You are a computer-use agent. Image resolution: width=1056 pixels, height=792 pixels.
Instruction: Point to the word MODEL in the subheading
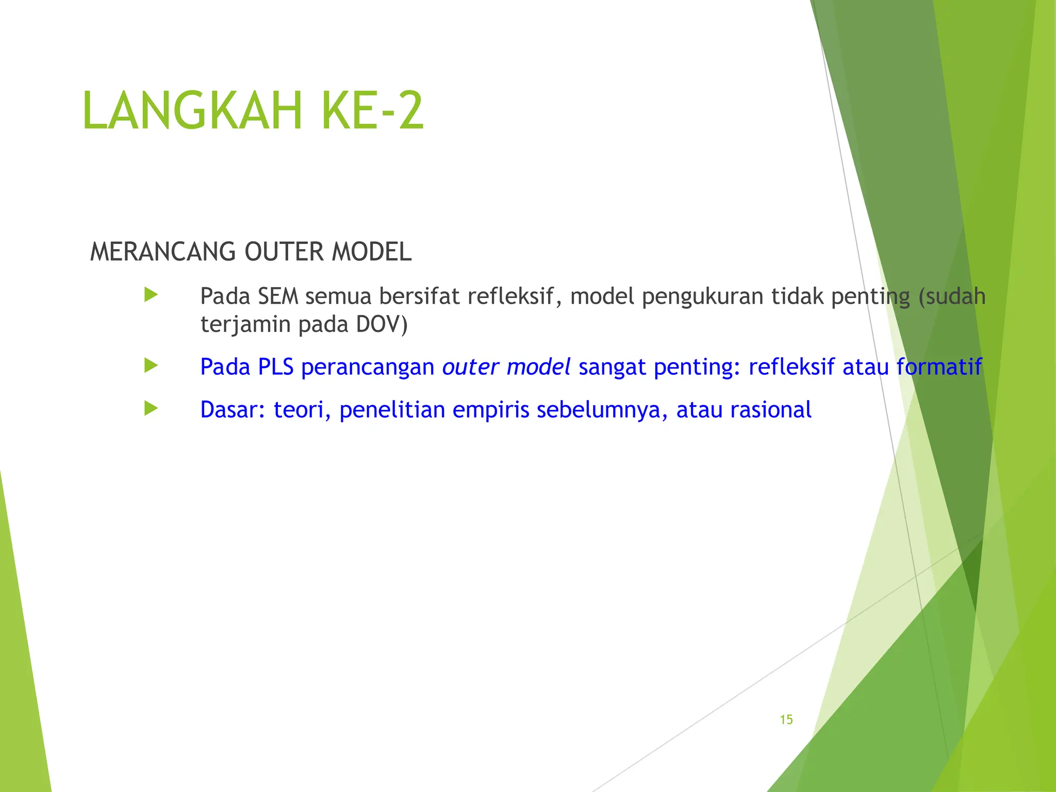371,252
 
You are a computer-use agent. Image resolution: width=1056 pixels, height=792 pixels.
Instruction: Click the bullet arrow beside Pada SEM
151,295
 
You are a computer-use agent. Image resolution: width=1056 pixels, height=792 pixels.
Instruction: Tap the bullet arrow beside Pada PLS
151,366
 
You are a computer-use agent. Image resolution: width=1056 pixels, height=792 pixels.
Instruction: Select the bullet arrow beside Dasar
151,409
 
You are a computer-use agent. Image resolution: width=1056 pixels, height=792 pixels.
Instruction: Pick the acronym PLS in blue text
275,367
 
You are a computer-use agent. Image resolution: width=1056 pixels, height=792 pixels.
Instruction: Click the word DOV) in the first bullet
382,324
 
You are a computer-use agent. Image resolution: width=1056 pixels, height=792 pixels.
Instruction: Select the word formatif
939,367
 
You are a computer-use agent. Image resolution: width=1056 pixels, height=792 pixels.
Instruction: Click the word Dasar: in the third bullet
233,410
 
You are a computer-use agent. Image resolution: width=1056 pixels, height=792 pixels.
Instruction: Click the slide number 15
786,720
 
